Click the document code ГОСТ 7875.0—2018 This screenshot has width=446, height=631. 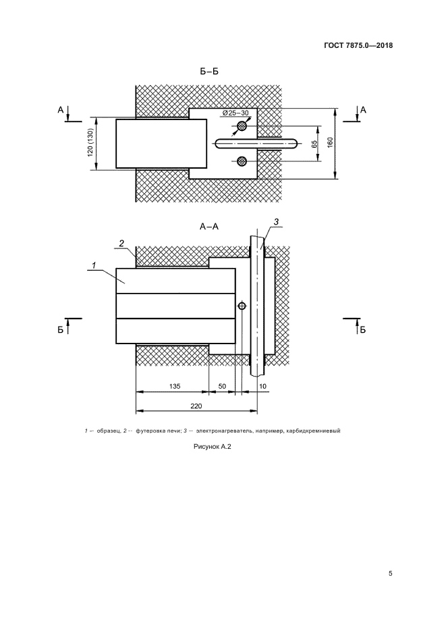pyautogui.click(x=358, y=45)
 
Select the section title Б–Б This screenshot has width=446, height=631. pyautogui.click(x=210, y=72)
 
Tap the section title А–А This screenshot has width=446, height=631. pyautogui.click(x=209, y=227)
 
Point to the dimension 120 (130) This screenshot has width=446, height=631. pyautogui.click(x=90, y=143)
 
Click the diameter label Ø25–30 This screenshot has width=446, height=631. pyautogui.click(x=235, y=113)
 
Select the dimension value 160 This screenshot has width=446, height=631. pyautogui.click(x=330, y=143)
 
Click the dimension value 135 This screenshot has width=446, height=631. pyautogui.click(x=175, y=386)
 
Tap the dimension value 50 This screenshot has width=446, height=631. pyautogui.click(x=222, y=386)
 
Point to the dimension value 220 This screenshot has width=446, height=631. pyautogui.click(x=196, y=406)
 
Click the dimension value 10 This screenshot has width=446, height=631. pyautogui.click(x=262, y=386)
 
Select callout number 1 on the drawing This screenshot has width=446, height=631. pyautogui.click(x=93, y=266)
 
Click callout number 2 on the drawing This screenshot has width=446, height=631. pyautogui.click(x=121, y=243)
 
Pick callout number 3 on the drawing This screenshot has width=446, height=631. pyautogui.click(x=276, y=222)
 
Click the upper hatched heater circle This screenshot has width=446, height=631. pyautogui.click(x=242, y=126)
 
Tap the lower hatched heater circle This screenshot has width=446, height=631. pyautogui.click(x=242, y=161)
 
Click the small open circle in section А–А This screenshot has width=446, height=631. pyautogui.click(x=242, y=306)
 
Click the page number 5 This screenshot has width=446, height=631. pyautogui.click(x=390, y=574)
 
